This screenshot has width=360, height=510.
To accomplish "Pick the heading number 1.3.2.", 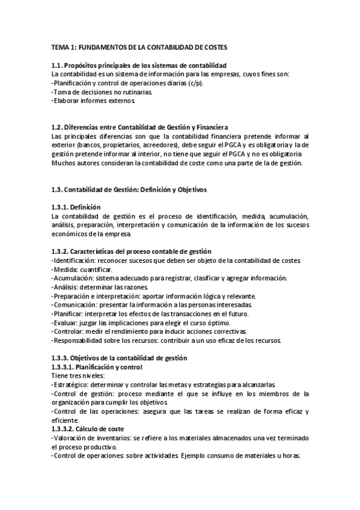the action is [x=61, y=251].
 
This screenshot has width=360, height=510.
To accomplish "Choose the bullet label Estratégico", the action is [x=71, y=385].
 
